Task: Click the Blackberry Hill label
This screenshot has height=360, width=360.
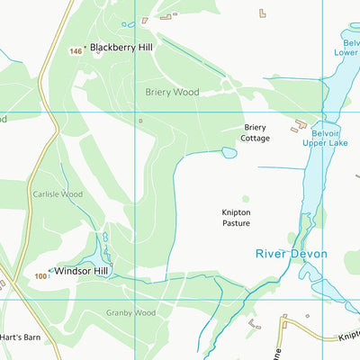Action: tap(121, 48)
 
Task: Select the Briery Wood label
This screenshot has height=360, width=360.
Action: tap(172, 92)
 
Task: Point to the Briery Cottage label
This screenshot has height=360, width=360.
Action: tap(256, 132)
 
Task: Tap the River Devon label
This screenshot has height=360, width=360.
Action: tap(291, 254)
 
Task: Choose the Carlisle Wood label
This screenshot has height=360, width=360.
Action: tap(58, 193)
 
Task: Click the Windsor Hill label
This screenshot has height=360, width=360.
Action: tap(81, 270)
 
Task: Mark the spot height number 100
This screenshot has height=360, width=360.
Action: tap(40, 276)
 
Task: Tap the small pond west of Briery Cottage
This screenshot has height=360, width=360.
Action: tap(229, 153)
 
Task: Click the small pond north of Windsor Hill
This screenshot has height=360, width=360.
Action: tap(104, 238)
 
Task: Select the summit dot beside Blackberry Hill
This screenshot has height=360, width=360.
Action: tap(85, 48)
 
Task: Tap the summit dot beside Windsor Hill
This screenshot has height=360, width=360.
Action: tap(49, 271)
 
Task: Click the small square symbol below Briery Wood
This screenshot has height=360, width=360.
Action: tap(139, 120)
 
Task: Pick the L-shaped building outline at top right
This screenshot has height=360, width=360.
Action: tap(263, 13)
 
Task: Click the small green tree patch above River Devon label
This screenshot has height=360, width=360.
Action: tap(294, 224)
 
